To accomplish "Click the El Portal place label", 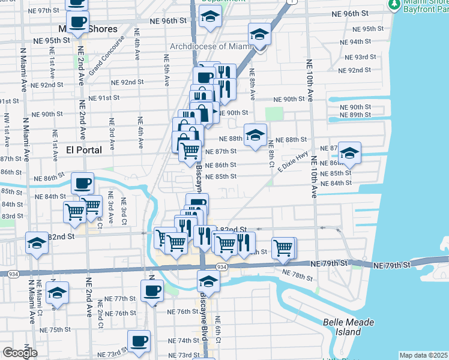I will point(84,149).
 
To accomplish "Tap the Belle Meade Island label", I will point(349,326).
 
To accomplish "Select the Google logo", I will point(20,353).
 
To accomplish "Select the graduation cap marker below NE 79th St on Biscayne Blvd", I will point(209,280).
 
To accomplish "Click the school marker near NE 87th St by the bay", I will point(349,152).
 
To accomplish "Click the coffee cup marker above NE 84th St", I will point(82,182).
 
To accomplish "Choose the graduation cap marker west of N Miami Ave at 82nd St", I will point(37,242).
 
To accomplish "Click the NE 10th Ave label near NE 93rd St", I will point(310,79).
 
